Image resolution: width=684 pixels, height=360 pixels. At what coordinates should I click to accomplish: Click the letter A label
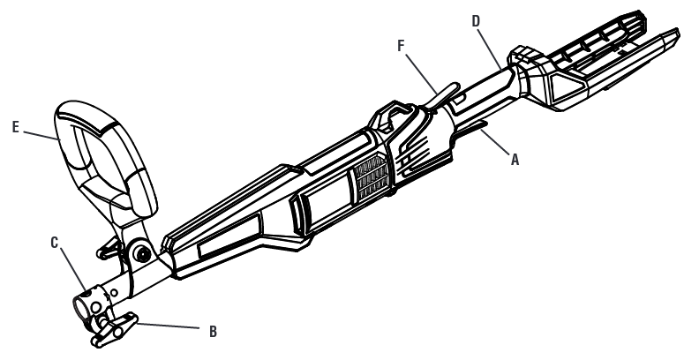[x=515, y=160]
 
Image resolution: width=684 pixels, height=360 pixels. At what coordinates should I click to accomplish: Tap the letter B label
[x=213, y=332]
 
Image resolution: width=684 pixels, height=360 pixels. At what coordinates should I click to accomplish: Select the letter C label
[x=55, y=243]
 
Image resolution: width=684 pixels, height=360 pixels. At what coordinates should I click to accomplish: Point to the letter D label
[x=476, y=21]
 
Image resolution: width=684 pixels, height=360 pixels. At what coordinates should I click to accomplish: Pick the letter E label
[x=16, y=127]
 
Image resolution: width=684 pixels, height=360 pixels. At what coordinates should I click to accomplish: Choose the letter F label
[x=402, y=45]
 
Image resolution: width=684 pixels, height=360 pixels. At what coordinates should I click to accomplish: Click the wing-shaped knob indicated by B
[x=114, y=330]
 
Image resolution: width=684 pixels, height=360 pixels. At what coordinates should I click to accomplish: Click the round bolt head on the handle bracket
[x=142, y=253]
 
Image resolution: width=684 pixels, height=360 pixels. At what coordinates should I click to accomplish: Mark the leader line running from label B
[x=169, y=326]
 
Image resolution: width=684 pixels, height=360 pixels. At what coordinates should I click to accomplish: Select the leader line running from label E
[x=40, y=135]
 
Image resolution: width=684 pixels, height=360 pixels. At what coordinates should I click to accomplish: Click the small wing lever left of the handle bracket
[x=109, y=249]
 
